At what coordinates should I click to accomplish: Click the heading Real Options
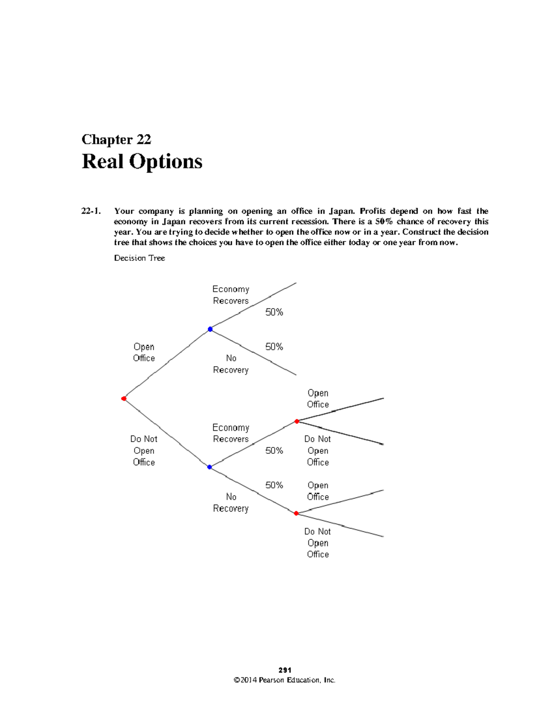(142, 162)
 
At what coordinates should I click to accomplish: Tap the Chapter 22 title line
(116, 139)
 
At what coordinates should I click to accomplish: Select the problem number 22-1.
(91, 211)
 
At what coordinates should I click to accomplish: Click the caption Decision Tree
(139, 258)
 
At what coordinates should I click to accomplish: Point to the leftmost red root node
(124, 398)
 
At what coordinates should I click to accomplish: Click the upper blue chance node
(210, 329)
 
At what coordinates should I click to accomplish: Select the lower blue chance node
(210, 467)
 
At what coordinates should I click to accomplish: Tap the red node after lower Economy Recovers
(297, 421)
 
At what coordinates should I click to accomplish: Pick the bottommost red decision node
(296, 513)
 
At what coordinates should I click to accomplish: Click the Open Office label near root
(144, 352)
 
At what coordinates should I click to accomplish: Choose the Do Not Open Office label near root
(144, 450)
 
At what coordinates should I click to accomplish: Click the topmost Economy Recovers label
(231, 295)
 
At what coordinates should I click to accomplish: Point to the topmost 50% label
(274, 312)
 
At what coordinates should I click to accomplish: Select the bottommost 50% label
(274, 485)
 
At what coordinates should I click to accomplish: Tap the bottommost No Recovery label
(231, 502)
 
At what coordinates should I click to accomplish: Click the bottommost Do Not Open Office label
(318, 542)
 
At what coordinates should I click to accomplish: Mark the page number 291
(285, 670)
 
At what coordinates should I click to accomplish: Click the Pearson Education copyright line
(285, 680)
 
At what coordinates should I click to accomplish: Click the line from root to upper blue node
(167, 364)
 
